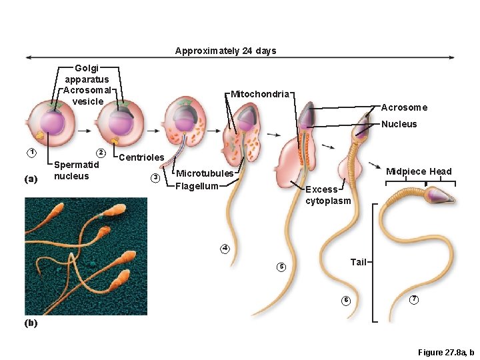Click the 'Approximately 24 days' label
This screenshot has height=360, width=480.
(x=225, y=51)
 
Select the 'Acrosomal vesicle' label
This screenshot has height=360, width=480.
(x=88, y=95)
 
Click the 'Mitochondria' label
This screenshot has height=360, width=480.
(x=260, y=94)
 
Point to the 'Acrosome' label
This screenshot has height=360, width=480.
(x=404, y=107)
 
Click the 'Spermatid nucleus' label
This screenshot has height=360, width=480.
(x=76, y=170)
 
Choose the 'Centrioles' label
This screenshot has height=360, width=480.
(x=141, y=157)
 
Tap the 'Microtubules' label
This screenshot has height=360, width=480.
(x=205, y=173)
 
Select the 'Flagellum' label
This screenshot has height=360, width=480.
(x=197, y=186)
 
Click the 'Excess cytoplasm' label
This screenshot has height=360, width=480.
(x=327, y=195)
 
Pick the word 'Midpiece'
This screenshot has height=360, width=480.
(x=406, y=171)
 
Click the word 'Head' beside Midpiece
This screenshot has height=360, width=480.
(x=440, y=171)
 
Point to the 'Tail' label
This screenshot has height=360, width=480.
(x=359, y=262)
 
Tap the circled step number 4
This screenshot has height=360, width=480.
(x=225, y=249)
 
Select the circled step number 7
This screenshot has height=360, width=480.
(x=414, y=299)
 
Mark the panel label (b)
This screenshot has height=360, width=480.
(x=31, y=323)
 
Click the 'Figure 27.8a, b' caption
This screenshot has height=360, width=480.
(x=445, y=352)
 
